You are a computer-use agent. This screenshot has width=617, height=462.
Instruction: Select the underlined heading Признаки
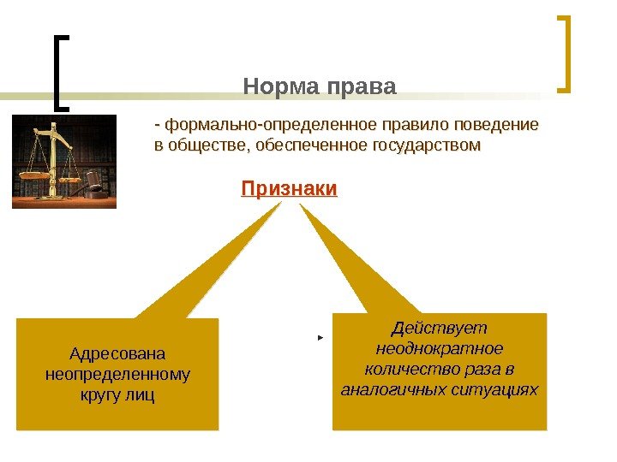(x=289, y=188)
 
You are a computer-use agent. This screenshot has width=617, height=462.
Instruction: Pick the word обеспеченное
(x=297, y=145)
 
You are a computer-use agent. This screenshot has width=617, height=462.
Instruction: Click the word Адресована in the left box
(x=117, y=353)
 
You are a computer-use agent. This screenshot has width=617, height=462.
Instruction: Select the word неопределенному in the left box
(x=117, y=375)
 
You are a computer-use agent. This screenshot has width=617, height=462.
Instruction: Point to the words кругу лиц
(x=117, y=395)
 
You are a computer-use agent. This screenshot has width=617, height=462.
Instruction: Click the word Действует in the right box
(x=439, y=329)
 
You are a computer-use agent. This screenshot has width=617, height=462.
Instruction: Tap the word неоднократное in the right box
(x=439, y=349)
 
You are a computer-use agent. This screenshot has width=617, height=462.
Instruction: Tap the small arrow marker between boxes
(x=320, y=339)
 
